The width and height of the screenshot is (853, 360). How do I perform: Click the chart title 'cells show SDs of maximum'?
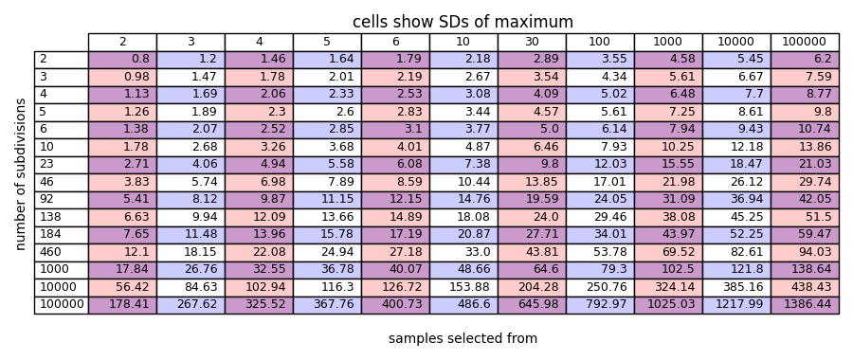pyautogui.click(x=463, y=22)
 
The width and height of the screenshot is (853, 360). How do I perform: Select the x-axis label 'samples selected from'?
pyautogui.click(x=463, y=338)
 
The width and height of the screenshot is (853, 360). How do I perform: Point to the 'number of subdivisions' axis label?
pyautogui.click(x=21, y=174)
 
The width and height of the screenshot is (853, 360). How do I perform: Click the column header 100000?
pyautogui.click(x=805, y=42)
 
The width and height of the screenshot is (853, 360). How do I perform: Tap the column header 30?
pyautogui.click(x=532, y=42)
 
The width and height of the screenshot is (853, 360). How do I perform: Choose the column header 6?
pyautogui.click(x=395, y=42)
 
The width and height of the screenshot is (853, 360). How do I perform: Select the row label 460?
pyautogui.click(x=62, y=252)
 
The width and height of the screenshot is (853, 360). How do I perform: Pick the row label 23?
pyautogui.click(x=62, y=165)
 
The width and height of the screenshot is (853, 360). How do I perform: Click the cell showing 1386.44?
pyautogui.click(x=805, y=305)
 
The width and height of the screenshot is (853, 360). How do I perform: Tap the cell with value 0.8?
pyautogui.click(x=123, y=60)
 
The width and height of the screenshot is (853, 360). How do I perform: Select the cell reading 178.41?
pyautogui.click(x=123, y=305)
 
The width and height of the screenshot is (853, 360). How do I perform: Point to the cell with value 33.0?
pyautogui.click(x=463, y=252)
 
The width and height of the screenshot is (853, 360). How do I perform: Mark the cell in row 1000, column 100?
pyautogui.click(x=600, y=270)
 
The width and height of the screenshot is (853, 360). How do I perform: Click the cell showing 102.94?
pyautogui.click(x=259, y=288)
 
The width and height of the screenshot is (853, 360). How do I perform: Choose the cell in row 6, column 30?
pyautogui.click(x=532, y=130)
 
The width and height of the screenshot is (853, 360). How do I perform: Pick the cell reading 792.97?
pyautogui.click(x=600, y=305)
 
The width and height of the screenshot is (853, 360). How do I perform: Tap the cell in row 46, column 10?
pyautogui.click(x=463, y=182)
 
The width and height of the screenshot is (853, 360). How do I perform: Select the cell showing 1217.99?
pyautogui.click(x=736, y=305)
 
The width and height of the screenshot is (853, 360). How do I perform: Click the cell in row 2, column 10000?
pyautogui.click(x=736, y=60)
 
